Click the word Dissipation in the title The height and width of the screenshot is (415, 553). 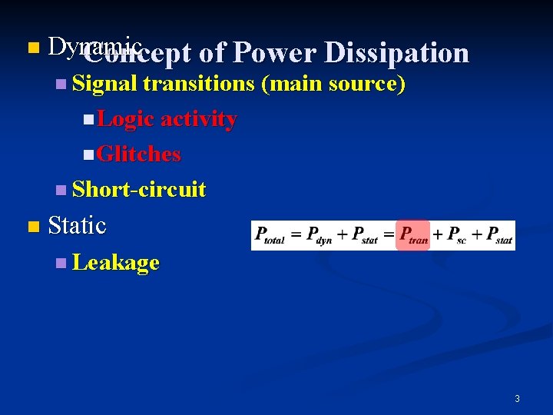point(396,53)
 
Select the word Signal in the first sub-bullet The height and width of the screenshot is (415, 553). point(104,84)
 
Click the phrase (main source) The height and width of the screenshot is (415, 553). point(333,84)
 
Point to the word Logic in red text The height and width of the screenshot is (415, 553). point(127,119)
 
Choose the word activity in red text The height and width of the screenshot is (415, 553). point(199,119)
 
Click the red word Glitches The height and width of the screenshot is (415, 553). point(139,154)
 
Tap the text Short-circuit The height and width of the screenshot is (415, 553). point(138,189)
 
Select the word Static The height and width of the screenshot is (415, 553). point(77,226)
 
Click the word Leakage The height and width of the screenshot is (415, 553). point(115,263)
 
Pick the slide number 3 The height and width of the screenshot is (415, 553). point(517,398)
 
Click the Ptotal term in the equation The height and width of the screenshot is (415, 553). point(270,235)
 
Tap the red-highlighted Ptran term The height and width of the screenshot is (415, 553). point(413,235)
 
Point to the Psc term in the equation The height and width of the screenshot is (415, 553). point(458,235)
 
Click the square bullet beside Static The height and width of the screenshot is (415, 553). point(32,227)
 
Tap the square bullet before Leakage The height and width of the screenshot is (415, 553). point(61,264)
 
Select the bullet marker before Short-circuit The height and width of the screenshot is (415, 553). point(61,190)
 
